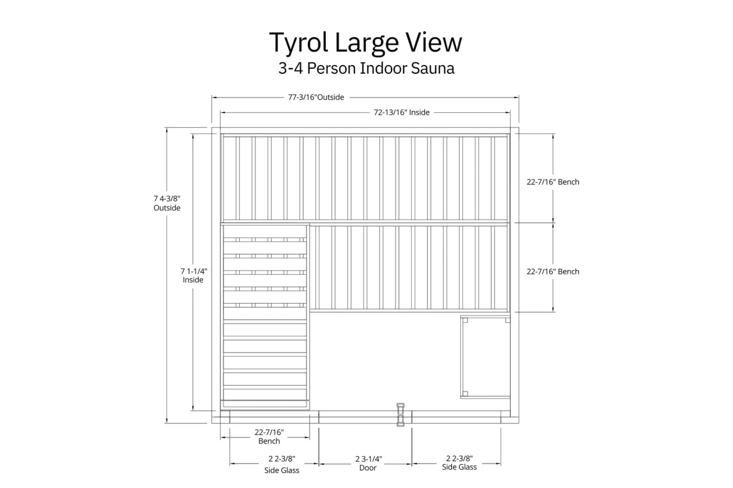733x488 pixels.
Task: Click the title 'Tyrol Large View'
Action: [x=365, y=43]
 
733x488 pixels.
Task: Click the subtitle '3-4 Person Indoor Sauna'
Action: [x=366, y=69]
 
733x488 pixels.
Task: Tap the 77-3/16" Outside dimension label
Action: [x=316, y=98]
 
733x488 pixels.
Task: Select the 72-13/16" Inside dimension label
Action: [x=401, y=113]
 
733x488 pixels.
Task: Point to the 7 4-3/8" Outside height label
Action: [x=167, y=203]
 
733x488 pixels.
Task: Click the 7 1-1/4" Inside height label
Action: [x=194, y=275]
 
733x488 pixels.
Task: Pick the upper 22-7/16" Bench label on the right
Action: [x=553, y=182]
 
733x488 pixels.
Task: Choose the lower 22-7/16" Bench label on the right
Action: [x=553, y=272]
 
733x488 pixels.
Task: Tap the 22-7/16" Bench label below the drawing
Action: [x=269, y=437]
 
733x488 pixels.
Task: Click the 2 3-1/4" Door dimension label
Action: [x=368, y=464]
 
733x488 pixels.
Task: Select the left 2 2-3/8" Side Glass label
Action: [x=282, y=464]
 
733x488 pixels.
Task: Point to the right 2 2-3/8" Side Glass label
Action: [x=459, y=463]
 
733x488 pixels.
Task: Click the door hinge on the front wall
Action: [x=400, y=415]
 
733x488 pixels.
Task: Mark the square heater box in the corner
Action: [x=485, y=357]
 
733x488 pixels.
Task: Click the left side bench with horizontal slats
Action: [x=265, y=317]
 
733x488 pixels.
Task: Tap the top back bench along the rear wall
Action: [x=365, y=178]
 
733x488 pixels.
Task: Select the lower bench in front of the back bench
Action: [x=410, y=268]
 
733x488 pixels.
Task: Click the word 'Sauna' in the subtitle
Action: [x=433, y=69]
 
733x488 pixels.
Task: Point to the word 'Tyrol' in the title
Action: [x=298, y=43]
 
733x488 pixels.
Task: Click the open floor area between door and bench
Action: [x=385, y=360]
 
